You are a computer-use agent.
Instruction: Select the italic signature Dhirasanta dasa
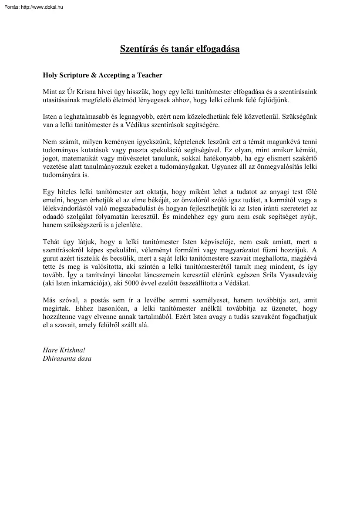[x=67, y=358]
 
